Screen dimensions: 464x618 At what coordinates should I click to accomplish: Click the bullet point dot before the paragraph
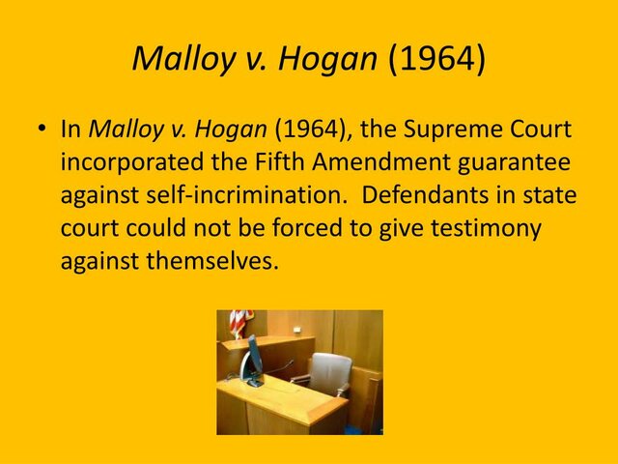(42, 130)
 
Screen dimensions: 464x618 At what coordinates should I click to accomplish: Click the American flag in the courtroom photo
(237, 322)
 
